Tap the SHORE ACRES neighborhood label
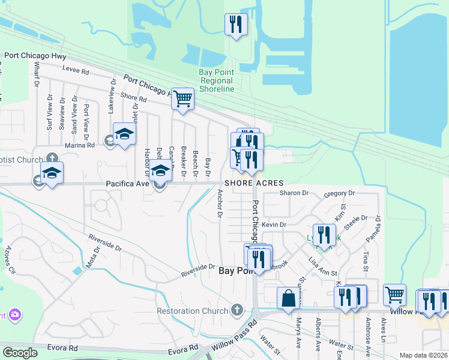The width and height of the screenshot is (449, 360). [254, 183]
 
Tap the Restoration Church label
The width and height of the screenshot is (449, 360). [193, 311]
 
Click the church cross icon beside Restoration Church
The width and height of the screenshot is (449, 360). [238, 310]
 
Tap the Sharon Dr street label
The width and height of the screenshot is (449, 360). [294, 193]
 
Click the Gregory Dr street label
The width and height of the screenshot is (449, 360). [339, 194]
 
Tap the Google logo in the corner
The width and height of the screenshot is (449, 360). [20, 353]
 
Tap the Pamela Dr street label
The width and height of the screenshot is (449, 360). [379, 228]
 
